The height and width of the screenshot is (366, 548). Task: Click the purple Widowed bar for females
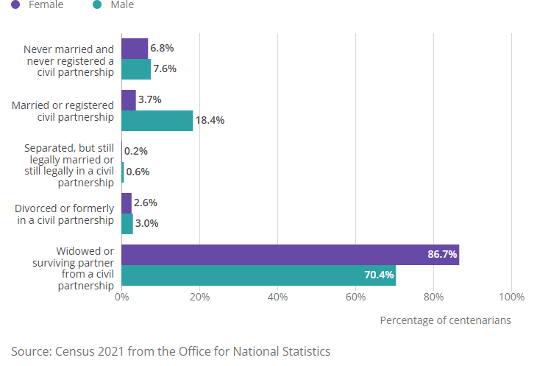[x=290, y=255]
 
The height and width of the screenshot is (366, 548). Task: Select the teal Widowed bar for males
[x=258, y=275]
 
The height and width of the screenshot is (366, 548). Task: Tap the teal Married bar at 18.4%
[x=157, y=121]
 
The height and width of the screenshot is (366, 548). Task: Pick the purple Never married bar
[x=135, y=49]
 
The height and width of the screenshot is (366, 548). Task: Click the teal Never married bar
[x=136, y=69]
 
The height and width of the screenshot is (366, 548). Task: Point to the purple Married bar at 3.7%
[x=129, y=100]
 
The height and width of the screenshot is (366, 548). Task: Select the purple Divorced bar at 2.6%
[x=127, y=203]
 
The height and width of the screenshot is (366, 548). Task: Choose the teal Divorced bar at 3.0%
[x=127, y=224]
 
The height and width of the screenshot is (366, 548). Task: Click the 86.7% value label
[x=442, y=255]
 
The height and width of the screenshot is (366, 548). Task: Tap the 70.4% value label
[x=379, y=275]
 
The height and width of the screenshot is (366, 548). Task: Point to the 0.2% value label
[x=136, y=152]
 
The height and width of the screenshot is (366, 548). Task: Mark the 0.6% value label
[x=138, y=172]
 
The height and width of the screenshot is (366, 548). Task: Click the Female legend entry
[x=38, y=5]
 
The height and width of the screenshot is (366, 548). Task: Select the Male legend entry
[x=114, y=5]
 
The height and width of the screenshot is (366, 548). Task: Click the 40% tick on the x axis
[x=277, y=298]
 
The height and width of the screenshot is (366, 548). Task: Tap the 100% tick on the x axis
[x=511, y=298]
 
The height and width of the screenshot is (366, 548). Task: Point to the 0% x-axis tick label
[x=122, y=298]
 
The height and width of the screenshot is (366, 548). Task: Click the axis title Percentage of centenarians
[x=445, y=320]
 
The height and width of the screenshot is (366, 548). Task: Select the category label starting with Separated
[x=68, y=166]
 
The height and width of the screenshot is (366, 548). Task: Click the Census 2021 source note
[x=171, y=351]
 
